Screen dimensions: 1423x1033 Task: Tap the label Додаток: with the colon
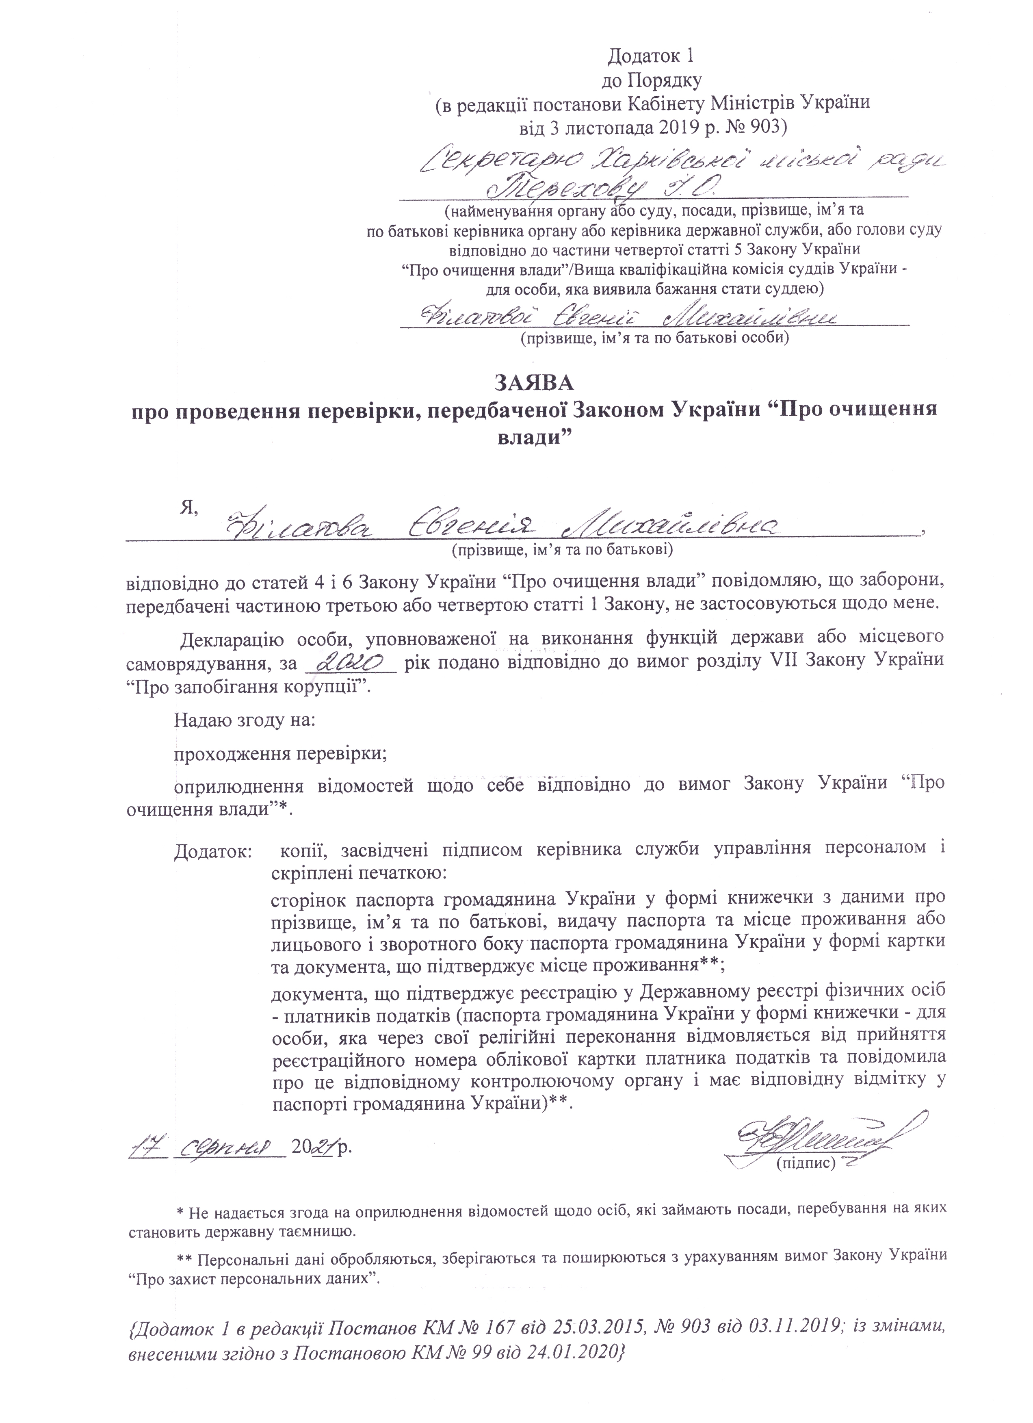tap(213, 851)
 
